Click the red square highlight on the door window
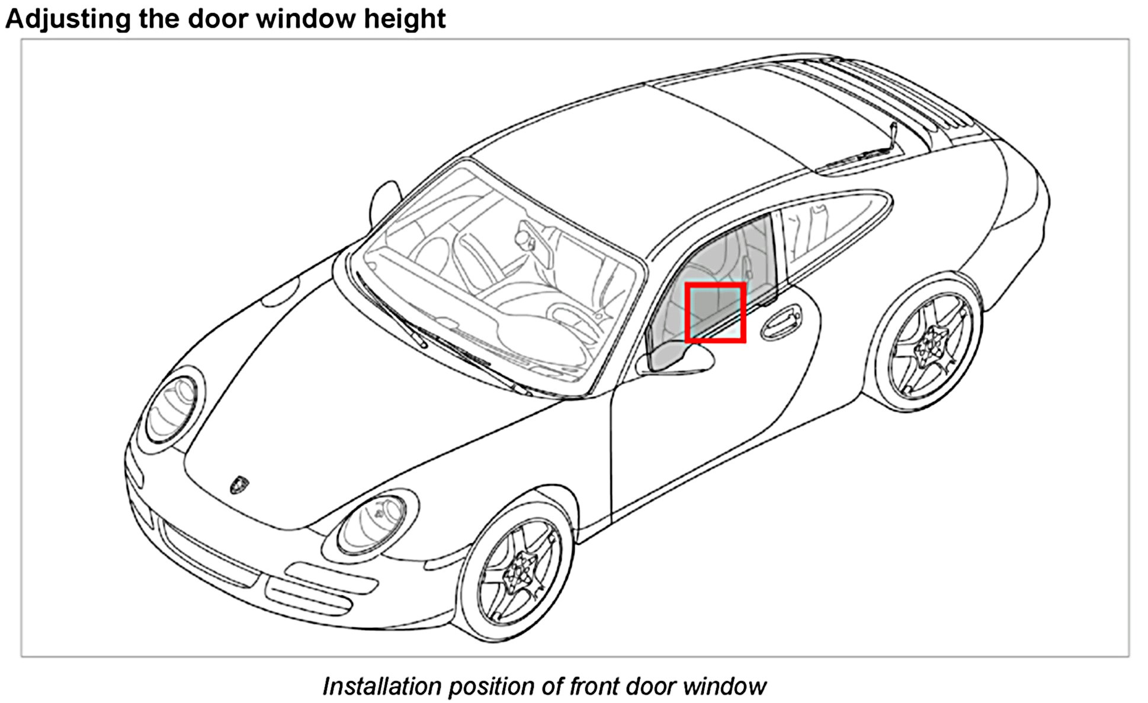pyautogui.click(x=715, y=312)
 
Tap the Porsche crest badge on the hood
pyautogui.click(x=239, y=484)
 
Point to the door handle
pyautogui.click(x=781, y=323)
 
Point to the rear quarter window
pyautogui.click(x=829, y=228)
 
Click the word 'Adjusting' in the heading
pyautogui.click(x=68, y=19)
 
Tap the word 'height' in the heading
pyautogui.click(x=405, y=19)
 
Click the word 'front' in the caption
pyautogui.click(x=594, y=686)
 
